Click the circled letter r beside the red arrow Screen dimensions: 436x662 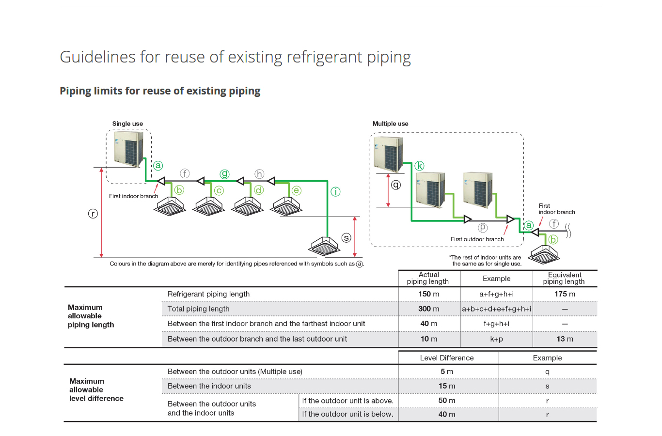pyautogui.click(x=93, y=213)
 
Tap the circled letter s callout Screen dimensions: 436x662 pyautogui.click(x=346, y=237)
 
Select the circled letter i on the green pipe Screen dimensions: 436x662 pyautogui.click(x=335, y=191)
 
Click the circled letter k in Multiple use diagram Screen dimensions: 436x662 pyautogui.click(x=419, y=166)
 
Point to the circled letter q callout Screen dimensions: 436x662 pyautogui.click(x=396, y=185)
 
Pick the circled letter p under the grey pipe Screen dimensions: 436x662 pyautogui.click(x=483, y=227)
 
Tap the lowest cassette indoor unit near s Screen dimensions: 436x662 pyautogui.click(x=324, y=246)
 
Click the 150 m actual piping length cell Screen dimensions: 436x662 pyautogui.click(x=429, y=294)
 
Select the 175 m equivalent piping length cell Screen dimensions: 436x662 pyautogui.click(x=565, y=294)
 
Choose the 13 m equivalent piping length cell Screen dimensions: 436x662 pyautogui.click(x=565, y=339)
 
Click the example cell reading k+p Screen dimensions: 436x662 pyautogui.click(x=496, y=339)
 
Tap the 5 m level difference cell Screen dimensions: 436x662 pyautogui.click(x=447, y=372)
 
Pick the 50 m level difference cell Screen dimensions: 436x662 pyautogui.click(x=447, y=401)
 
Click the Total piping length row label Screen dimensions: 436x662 pyautogui.click(x=199, y=309)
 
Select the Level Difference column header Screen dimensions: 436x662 pyautogui.click(x=447, y=358)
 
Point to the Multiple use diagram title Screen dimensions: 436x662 pyautogui.click(x=390, y=124)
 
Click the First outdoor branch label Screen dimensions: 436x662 pyautogui.click(x=477, y=239)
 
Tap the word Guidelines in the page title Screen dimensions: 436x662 pyautogui.click(x=98, y=57)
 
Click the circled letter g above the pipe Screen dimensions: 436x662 pyautogui.click(x=224, y=174)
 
